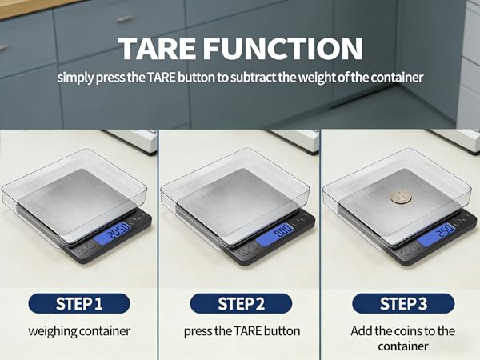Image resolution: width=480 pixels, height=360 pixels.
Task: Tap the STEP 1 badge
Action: [x=78, y=304]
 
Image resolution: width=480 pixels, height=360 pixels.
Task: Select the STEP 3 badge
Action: [x=403, y=304]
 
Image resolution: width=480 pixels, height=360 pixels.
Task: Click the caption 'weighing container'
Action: [x=78, y=330]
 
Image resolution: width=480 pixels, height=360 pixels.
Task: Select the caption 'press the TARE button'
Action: [x=242, y=330]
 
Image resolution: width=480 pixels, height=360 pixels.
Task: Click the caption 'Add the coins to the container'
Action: [x=403, y=338]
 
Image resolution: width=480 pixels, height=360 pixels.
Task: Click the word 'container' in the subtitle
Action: [x=398, y=78]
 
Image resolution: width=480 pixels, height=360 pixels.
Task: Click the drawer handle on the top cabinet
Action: [x=124, y=18]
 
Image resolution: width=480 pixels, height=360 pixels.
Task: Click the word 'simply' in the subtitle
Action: [x=76, y=78]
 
